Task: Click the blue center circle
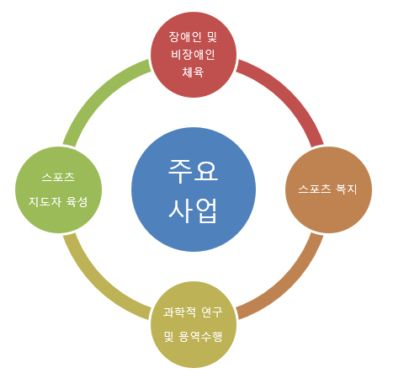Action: point(194,189)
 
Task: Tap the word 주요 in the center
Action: point(193,171)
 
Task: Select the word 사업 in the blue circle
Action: point(193,211)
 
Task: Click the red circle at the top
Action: point(194,55)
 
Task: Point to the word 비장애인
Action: point(193,55)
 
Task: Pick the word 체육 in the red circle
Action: point(193,72)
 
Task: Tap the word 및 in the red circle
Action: point(212,37)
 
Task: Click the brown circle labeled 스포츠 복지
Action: point(328,189)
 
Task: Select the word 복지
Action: point(346,189)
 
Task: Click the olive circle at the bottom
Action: point(194,325)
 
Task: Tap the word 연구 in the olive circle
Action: point(212,312)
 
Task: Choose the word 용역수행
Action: point(200,336)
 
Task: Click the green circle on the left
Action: point(58,189)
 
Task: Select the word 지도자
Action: point(45,201)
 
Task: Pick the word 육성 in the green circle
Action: point(77,201)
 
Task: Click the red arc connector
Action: point(289,94)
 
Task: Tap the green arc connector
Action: point(98,94)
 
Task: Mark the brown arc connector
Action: point(289,285)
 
